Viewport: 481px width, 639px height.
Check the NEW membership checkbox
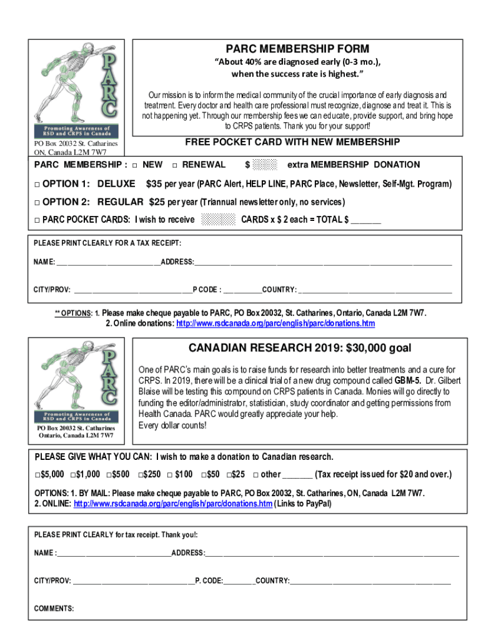tap(136, 165)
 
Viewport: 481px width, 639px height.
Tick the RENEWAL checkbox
tap(175, 165)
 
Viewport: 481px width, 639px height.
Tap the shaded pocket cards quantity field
tap(219, 219)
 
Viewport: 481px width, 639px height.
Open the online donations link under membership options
tap(275, 324)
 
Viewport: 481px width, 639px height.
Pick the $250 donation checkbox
tap(141, 474)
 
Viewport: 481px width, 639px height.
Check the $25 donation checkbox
tap(229, 474)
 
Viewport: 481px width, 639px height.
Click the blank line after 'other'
tap(297, 474)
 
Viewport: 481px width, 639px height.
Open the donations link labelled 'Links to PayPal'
tap(172, 504)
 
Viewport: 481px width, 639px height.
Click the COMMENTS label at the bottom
tap(54, 608)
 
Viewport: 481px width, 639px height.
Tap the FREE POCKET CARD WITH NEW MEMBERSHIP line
tap(292, 142)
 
